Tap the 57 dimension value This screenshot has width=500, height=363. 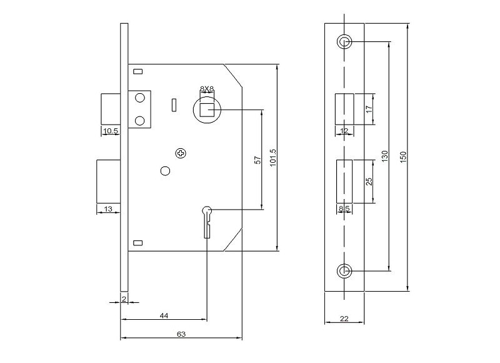tap(258, 160)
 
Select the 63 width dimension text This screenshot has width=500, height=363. tap(181, 334)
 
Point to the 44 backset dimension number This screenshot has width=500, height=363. tap(164, 316)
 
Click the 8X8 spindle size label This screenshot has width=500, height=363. tap(207, 88)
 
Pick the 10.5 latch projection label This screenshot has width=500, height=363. tap(111, 131)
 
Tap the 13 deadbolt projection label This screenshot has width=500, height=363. tap(108, 209)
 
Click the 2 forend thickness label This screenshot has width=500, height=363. tap(124, 299)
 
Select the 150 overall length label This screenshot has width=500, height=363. tap(403, 157)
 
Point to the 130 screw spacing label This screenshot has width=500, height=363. tap(385, 156)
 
